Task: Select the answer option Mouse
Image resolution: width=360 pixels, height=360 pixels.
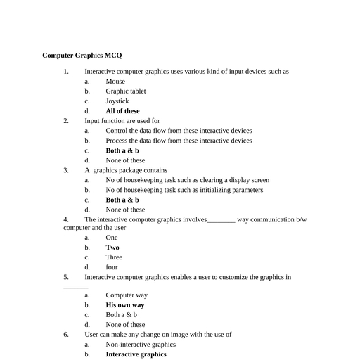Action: pos(115,82)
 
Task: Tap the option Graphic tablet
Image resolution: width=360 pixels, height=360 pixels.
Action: pos(126,91)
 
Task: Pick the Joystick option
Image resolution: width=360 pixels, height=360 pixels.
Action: pos(117,101)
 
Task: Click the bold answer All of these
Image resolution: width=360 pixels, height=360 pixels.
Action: pos(122,111)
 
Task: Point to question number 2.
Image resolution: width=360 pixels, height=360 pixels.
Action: pos(66,121)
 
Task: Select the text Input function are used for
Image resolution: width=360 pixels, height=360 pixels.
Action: pos(122,121)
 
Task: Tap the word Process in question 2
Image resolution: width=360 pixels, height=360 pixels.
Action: pos(117,141)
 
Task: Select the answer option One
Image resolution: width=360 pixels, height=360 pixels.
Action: pos(112,238)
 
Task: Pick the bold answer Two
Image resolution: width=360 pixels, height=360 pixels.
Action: pos(112,247)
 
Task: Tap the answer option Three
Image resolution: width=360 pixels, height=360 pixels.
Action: pos(114,257)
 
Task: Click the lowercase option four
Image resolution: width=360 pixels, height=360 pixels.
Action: pos(112,267)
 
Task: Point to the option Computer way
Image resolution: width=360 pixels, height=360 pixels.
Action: pos(127,295)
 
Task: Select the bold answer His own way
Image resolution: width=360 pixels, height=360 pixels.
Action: pos(125,305)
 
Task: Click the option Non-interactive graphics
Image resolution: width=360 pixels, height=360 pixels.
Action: pos(141,345)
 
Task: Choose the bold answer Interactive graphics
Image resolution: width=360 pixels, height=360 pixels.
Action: pos(136,354)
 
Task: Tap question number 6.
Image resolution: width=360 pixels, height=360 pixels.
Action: pos(66,335)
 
